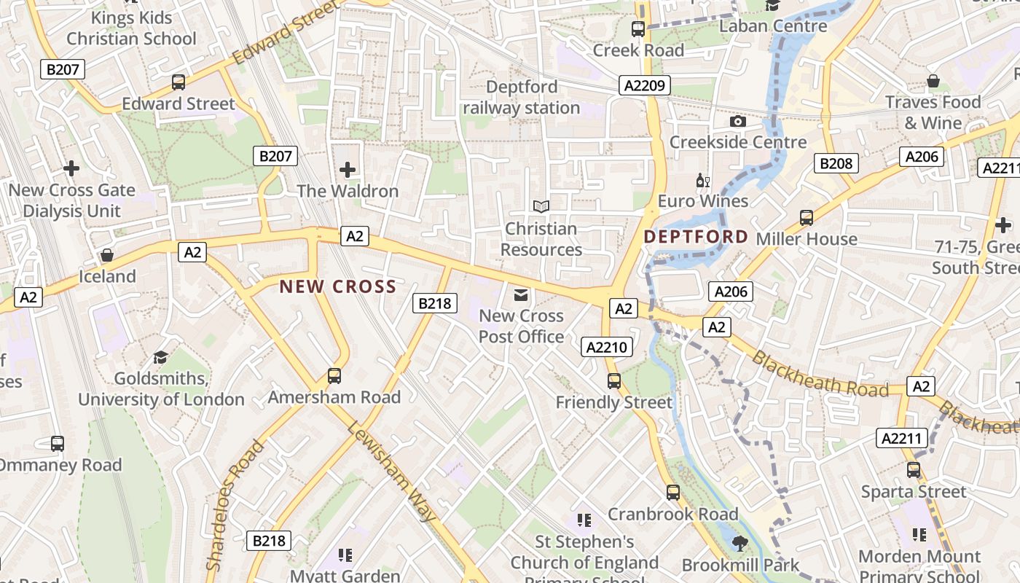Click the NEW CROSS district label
click(x=338, y=286)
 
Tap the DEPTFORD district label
click(x=696, y=237)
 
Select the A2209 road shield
click(x=644, y=86)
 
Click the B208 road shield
click(x=836, y=163)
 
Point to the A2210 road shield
click(x=607, y=348)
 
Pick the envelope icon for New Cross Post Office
click(x=521, y=295)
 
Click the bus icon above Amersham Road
click(x=334, y=376)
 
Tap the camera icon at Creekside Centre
click(x=737, y=121)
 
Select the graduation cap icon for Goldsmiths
click(x=160, y=357)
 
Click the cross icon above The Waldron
click(x=348, y=170)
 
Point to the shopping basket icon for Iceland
click(x=107, y=255)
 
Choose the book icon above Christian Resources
click(x=541, y=207)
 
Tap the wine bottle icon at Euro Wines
click(x=702, y=180)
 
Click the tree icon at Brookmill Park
click(x=740, y=543)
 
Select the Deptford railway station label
click(x=522, y=98)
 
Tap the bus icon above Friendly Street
click(x=614, y=380)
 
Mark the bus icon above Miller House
click(x=806, y=217)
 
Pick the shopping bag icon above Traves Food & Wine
click(x=933, y=80)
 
